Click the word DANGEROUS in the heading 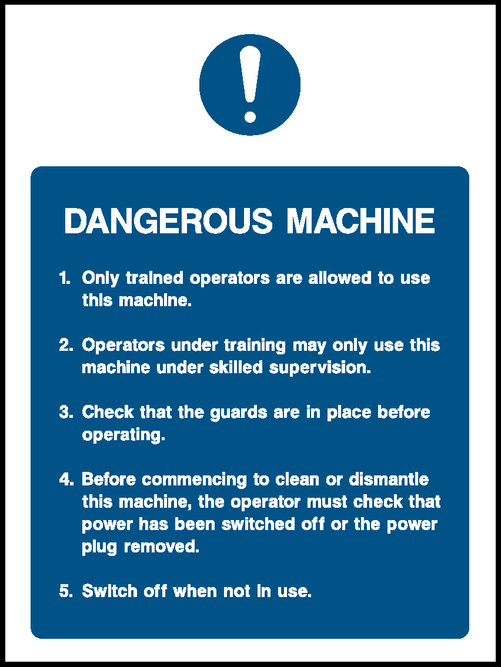[x=168, y=221]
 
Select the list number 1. [x=64, y=278]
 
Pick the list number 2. [x=66, y=345]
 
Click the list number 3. [x=66, y=412]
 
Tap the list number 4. [x=66, y=480]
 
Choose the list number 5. [x=66, y=591]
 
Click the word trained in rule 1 [x=154, y=278]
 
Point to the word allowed [x=340, y=278]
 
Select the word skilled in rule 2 [x=236, y=367]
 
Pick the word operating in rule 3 [x=123, y=435]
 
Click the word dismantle [x=389, y=480]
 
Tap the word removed [x=161, y=547]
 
